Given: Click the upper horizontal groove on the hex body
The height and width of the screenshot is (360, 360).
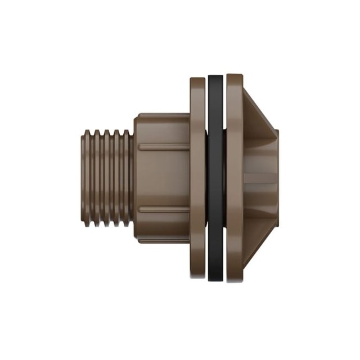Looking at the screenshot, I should coord(164,148).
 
